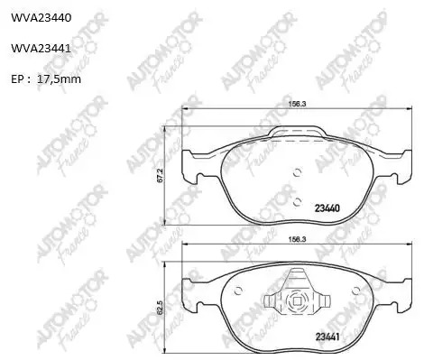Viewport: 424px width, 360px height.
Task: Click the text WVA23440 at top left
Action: tap(41, 18)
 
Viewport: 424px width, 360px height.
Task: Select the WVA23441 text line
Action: tap(41, 48)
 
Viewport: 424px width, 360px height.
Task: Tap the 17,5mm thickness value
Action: tap(59, 79)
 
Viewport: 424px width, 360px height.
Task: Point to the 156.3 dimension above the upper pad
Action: tap(297, 104)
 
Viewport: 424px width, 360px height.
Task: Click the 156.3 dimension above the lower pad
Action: tap(297, 239)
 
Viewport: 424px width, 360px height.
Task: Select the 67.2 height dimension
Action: tap(160, 175)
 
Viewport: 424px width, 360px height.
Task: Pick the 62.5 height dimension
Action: tap(160, 308)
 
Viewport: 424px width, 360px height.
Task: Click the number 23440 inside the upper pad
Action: tap(327, 208)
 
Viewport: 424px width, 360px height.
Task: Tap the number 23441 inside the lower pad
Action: tap(327, 337)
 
